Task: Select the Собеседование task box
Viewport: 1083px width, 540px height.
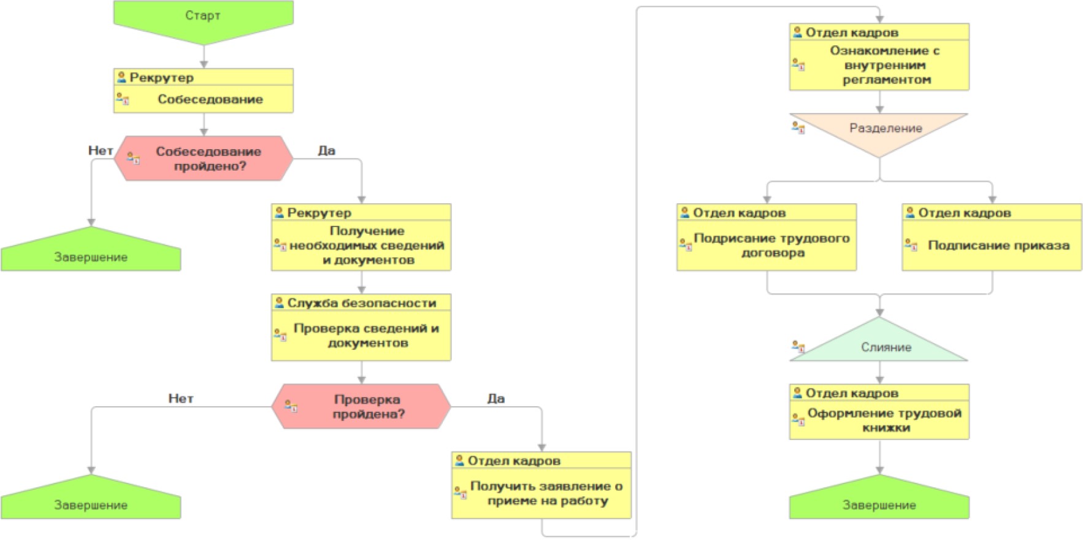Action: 210,99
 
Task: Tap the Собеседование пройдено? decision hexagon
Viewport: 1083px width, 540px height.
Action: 208,158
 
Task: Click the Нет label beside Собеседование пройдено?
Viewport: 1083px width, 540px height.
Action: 100,150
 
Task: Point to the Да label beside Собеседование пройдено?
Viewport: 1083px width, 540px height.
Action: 326,150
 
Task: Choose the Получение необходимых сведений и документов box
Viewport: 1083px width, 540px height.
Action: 366,245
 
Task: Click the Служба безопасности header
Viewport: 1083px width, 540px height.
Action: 361,303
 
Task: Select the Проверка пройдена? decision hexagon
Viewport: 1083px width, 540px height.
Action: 367,406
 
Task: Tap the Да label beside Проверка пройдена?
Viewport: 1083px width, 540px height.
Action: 496,398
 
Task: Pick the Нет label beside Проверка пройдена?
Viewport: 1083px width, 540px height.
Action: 180,398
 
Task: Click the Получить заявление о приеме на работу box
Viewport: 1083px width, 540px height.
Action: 545,493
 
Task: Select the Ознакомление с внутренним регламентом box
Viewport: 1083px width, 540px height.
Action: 884,65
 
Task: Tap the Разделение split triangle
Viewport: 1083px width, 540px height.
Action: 884,129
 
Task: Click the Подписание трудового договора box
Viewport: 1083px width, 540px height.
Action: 771,245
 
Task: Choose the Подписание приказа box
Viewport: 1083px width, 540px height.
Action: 998,245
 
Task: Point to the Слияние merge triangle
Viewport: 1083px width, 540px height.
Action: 884,346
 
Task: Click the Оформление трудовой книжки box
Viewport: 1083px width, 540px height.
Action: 884,420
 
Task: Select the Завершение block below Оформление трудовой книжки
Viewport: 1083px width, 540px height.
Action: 879,502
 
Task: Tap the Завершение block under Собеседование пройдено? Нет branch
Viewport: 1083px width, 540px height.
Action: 91,254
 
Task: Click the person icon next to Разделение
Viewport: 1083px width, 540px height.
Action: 798,128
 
